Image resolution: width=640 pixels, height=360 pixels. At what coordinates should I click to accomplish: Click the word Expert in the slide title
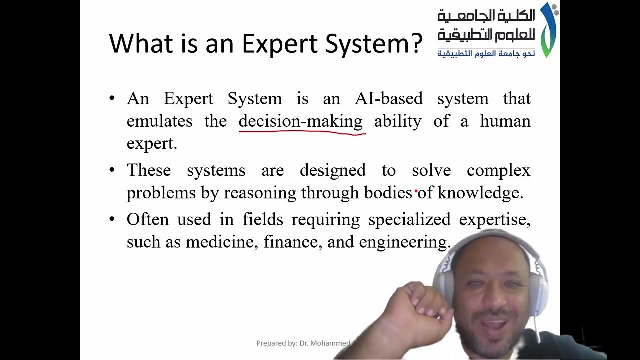click(280, 44)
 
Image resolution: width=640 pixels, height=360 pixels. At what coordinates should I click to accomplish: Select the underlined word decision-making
click(301, 121)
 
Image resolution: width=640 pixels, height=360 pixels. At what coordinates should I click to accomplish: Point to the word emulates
click(159, 121)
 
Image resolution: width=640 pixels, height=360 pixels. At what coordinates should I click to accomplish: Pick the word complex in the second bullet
click(498, 170)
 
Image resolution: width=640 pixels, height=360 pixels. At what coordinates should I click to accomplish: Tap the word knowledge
click(480, 193)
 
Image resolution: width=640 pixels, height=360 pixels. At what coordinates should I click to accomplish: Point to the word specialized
click(409, 220)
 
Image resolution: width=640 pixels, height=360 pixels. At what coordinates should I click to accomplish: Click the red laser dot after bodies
click(416, 191)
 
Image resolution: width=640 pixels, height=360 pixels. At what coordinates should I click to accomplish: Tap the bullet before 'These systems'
click(112, 170)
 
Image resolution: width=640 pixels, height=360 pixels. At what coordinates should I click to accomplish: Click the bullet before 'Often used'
click(112, 219)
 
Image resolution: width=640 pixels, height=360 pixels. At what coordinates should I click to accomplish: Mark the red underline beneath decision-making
click(302, 132)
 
